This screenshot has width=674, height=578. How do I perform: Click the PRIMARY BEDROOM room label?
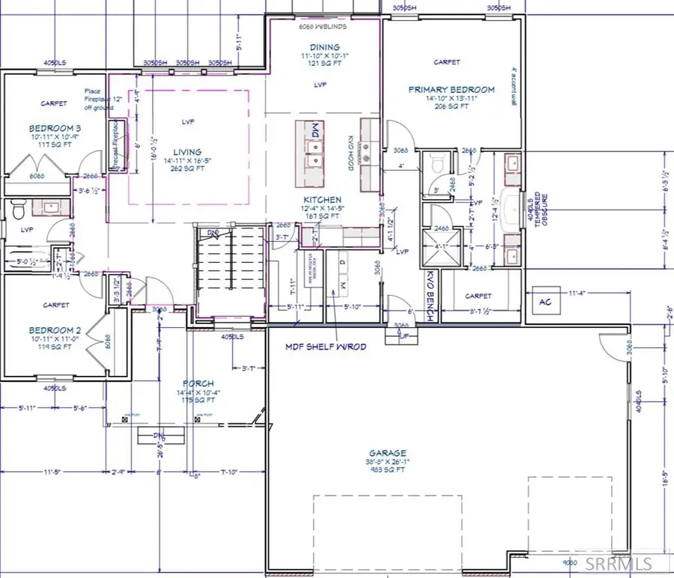[x=451, y=90]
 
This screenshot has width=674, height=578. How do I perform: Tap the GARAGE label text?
[x=387, y=453]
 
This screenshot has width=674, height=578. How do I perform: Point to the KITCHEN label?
[x=320, y=199]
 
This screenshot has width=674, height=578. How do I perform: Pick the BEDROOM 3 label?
[x=55, y=128]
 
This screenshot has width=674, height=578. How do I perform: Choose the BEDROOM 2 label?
[x=55, y=330]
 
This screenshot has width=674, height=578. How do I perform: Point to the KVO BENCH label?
[x=430, y=296]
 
